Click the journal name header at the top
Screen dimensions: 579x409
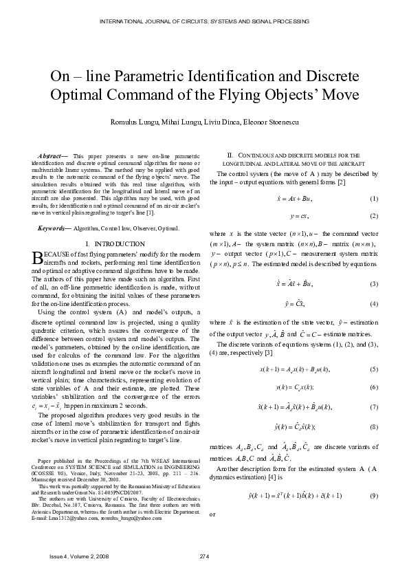[x=205, y=21]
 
